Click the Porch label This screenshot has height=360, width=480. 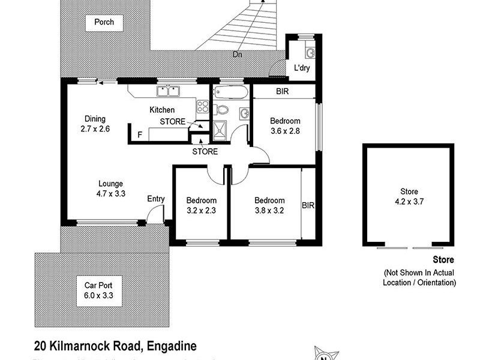104,23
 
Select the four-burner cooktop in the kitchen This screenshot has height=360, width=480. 203,107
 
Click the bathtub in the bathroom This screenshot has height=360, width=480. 230,94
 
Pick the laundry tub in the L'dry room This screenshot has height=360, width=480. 310,52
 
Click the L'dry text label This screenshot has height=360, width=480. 301,68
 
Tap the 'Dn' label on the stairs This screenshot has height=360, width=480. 239,55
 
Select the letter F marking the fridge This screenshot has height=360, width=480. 140,134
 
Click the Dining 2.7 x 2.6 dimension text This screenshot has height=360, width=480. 95,124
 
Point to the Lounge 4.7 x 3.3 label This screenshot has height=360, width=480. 111,189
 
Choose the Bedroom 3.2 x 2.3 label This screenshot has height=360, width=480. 201,205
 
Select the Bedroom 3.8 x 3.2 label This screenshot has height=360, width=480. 269,205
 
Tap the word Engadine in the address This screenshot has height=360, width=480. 170,346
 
